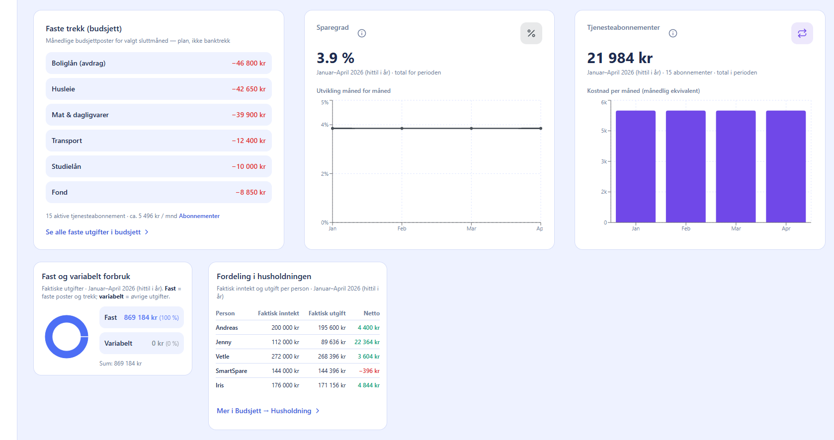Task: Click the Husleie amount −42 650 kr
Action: coord(249,89)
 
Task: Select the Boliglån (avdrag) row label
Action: coord(79,63)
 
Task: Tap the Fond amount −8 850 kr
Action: coord(250,192)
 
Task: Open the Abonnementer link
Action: coord(199,216)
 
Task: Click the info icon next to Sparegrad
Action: coord(362,33)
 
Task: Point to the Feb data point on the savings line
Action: coord(402,128)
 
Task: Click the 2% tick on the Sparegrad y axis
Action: coord(325,174)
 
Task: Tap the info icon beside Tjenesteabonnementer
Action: coord(673,33)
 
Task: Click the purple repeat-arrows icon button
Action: coord(802,33)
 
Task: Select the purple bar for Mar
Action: coord(736,167)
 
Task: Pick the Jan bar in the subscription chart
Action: coord(636,167)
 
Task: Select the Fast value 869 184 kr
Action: coord(140,318)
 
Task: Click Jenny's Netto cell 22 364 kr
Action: coord(367,342)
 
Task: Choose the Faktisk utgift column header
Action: coord(327,313)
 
